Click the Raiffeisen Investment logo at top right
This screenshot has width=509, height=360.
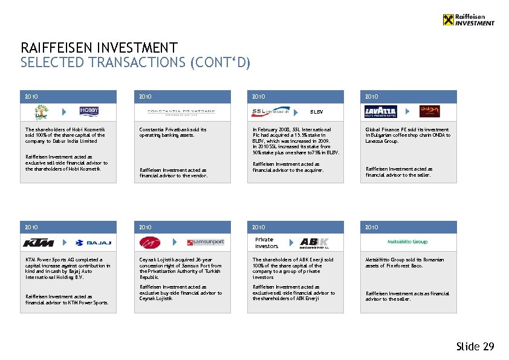(468, 19)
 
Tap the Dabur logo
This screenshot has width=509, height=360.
(41, 112)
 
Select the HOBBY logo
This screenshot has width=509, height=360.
(89, 111)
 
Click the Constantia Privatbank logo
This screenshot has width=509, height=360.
(181, 112)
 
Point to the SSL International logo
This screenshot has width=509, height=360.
(270, 111)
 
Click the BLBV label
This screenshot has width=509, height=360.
(317, 112)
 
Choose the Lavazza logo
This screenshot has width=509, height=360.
(381, 112)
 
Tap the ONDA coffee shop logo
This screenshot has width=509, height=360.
(429, 111)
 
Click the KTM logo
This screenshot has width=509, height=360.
(38, 243)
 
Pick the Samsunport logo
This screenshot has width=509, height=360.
(206, 242)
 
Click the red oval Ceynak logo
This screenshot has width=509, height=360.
(149, 242)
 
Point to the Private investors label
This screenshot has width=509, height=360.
(267, 243)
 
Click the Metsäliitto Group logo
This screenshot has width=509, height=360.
(407, 242)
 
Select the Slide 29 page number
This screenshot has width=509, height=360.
(475, 347)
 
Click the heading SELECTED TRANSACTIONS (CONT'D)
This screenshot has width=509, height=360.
(135, 62)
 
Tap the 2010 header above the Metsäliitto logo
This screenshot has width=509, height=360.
(372, 227)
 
